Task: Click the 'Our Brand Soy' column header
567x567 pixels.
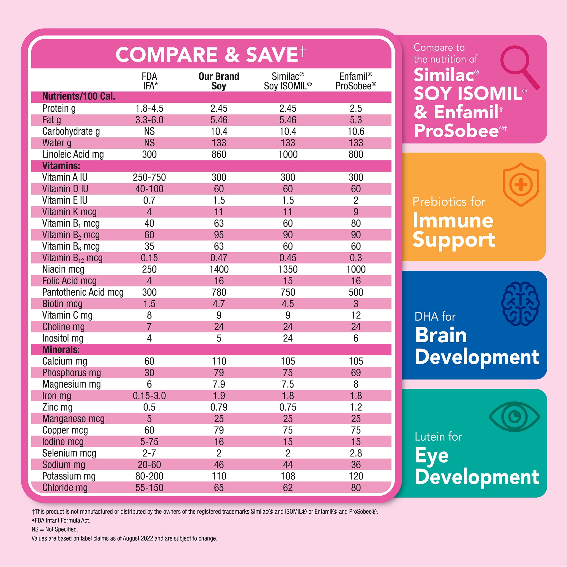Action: (219, 81)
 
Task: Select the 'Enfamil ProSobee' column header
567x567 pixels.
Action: (356, 81)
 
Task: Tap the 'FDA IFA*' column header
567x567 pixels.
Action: (150, 81)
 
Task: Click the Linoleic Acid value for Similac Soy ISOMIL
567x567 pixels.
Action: (288, 154)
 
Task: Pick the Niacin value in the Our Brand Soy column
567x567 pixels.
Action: (219, 269)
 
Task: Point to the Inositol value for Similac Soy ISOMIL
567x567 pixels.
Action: (288, 338)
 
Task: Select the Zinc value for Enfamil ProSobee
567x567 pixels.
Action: (356, 407)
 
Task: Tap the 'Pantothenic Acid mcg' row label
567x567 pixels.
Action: (83, 292)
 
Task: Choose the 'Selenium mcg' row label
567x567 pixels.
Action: (69, 453)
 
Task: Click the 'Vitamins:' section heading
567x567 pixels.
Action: (61, 166)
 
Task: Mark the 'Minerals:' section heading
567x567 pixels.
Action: (61, 349)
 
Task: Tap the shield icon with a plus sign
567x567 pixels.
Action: (521, 184)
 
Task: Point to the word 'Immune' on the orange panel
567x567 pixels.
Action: (453, 221)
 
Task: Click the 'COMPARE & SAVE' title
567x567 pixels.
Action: (207, 55)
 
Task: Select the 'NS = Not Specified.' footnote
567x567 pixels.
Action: (55, 529)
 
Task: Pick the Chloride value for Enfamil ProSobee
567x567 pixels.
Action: (356, 487)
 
